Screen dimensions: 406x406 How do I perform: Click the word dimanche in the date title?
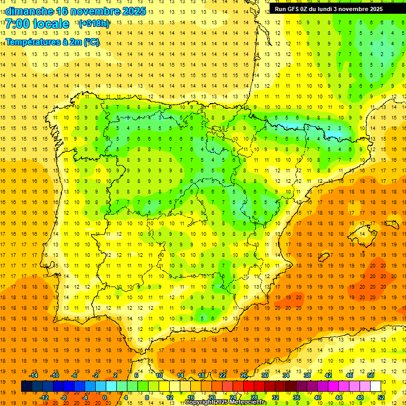click(29, 11)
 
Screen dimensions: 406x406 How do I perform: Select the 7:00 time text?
click(17, 24)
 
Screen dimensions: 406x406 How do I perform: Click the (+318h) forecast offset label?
click(94, 24)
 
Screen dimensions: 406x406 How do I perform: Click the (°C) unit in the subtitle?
click(91, 42)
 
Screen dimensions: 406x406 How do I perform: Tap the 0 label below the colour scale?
click(105, 397)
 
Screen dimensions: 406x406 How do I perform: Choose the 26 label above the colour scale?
click(244, 375)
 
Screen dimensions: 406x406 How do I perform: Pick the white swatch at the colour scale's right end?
click(375, 386)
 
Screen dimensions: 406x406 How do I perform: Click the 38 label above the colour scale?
click(307, 375)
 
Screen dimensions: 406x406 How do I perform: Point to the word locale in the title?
click(52, 24)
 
